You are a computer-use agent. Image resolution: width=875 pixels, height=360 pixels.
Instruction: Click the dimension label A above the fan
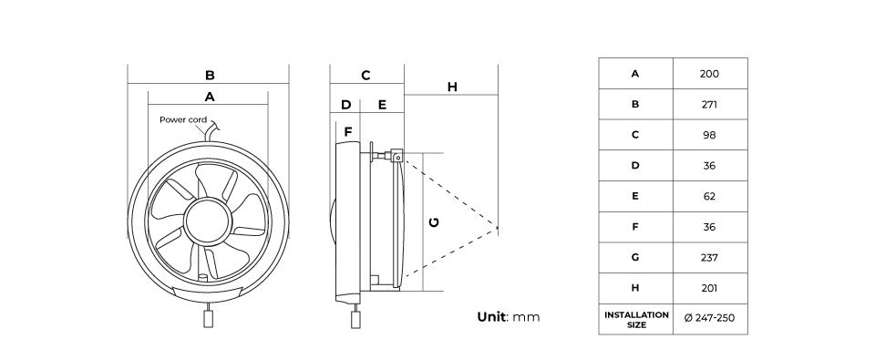tap(209, 96)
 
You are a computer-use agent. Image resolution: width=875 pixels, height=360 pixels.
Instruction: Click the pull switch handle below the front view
tap(208, 321)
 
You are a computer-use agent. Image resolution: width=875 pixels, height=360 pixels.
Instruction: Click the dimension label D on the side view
tap(345, 105)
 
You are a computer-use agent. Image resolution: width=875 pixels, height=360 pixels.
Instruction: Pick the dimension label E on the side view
tap(382, 105)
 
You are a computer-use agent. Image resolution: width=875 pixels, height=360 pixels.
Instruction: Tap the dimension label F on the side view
tap(347, 132)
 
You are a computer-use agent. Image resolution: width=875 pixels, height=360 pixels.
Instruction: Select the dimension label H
tap(452, 87)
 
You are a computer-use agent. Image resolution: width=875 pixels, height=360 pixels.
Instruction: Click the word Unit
tap(492, 317)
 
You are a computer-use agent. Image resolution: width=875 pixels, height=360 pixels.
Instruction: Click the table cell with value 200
tap(709, 74)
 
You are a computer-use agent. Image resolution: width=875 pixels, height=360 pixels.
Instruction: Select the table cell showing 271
tap(709, 105)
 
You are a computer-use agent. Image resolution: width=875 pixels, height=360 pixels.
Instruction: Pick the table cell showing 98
tap(709, 135)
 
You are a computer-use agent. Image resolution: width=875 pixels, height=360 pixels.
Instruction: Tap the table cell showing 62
tap(709, 196)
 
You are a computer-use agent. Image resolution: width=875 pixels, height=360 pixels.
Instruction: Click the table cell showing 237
tap(709, 257)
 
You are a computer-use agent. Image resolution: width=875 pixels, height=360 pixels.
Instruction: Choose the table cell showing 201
tap(709, 288)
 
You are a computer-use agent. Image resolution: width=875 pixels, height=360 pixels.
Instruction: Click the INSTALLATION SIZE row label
tap(635, 319)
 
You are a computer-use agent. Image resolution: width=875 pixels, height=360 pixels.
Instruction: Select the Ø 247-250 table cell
tap(709, 319)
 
